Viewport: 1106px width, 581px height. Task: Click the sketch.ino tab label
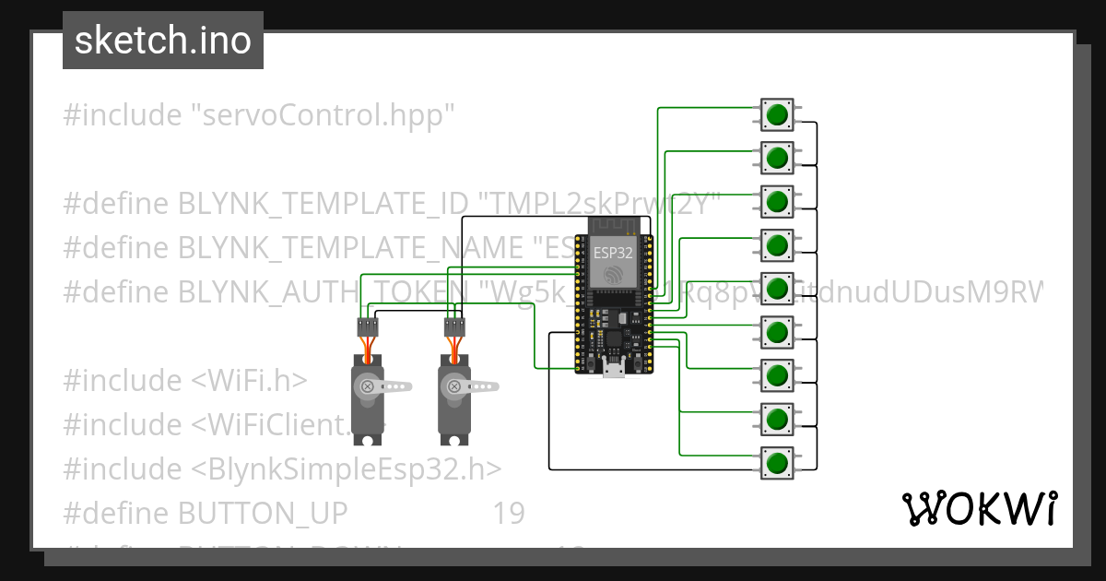(163, 41)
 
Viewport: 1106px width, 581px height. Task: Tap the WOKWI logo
(978, 508)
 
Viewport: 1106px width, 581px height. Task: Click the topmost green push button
(777, 114)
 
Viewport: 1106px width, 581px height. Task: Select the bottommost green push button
(777, 463)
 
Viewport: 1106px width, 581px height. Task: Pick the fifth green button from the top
(777, 289)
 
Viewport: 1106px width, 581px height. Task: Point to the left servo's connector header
(368, 326)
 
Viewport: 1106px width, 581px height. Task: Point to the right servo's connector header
(453, 326)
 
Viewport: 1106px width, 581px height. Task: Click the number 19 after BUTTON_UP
(508, 514)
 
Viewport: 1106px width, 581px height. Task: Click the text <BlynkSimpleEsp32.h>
(346, 469)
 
